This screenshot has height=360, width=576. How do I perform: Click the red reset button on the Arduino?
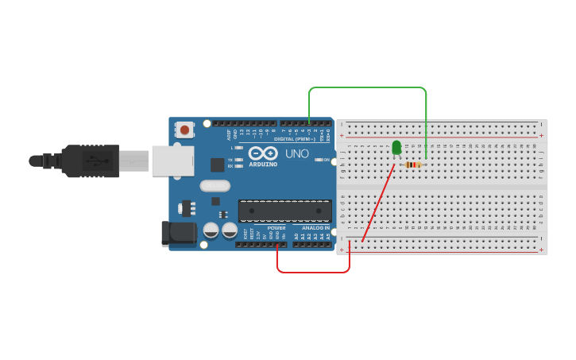pyautogui.click(x=184, y=129)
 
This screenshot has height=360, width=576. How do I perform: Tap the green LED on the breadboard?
pyautogui.click(x=396, y=148)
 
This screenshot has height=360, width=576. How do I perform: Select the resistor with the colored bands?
pyautogui.click(x=412, y=165)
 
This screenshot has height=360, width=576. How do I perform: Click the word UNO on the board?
pyautogui.click(x=297, y=153)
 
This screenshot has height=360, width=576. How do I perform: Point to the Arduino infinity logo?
pyautogui.click(x=262, y=153)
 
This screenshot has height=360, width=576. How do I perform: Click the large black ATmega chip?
pyautogui.click(x=284, y=211)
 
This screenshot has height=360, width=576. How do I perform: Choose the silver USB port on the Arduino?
pyautogui.click(x=172, y=161)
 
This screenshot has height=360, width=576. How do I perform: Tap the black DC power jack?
pyautogui.click(x=179, y=233)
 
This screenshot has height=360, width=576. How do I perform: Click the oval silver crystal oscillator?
pyautogui.click(x=214, y=186)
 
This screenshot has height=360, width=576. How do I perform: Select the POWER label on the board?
pyautogui.click(x=276, y=228)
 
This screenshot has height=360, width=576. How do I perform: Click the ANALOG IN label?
pyautogui.click(x=315, y=228)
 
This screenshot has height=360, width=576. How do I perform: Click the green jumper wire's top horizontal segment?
pyautogui.click(x=367, y=87)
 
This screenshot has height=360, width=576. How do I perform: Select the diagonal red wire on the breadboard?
pyautogui.click(x=378, y=203)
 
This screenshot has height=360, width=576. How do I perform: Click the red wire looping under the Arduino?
pyautogui.click(x=313, y=272)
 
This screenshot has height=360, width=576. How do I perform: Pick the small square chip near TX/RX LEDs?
pyautogui.click(x=217, y=165)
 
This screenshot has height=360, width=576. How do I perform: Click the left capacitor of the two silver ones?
pyautogui.click(x=211, y=230)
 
